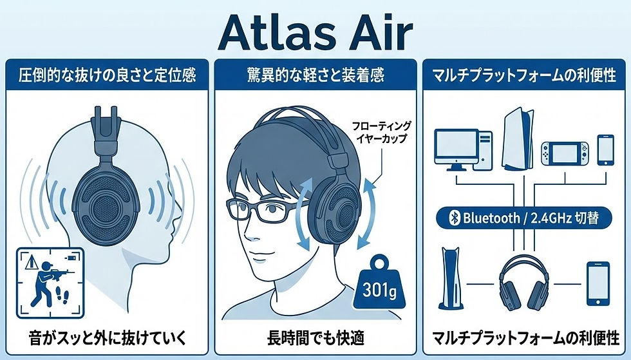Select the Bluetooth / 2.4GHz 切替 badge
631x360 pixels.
coord(525,219)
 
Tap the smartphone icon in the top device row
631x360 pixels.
coord(606,149)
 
